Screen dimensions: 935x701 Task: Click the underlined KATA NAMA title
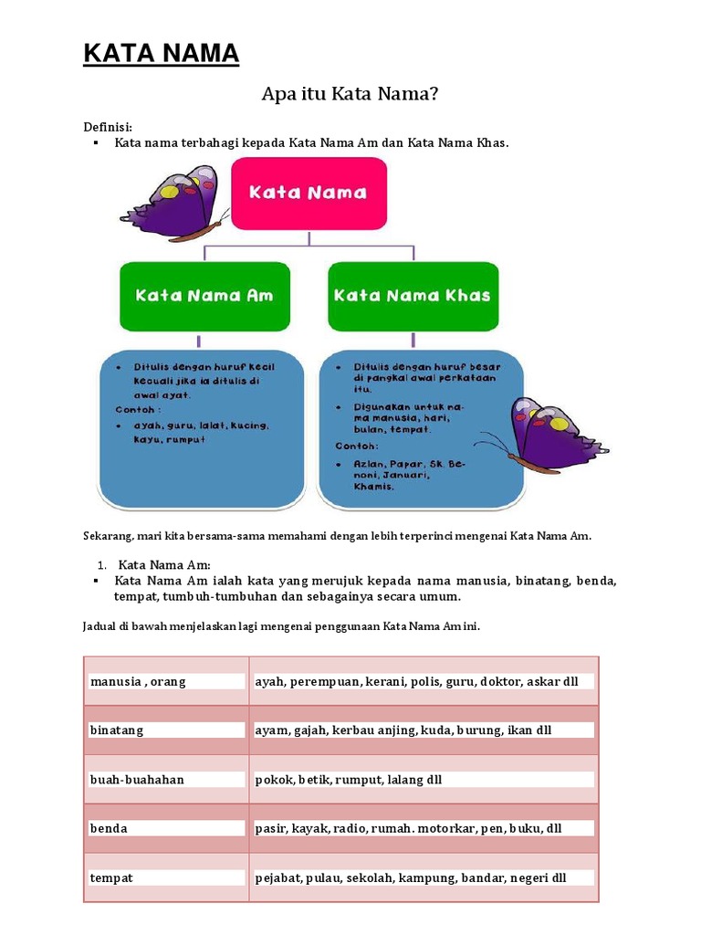[162, 54]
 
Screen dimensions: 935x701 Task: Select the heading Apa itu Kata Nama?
[350, 93]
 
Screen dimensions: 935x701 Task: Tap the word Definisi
[108, 127]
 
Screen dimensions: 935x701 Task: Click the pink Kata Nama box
[309, 193]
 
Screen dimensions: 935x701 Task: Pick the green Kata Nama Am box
[204, 296]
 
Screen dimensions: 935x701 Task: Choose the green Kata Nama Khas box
[413, 296]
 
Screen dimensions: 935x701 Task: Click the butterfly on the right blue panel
[552, 435]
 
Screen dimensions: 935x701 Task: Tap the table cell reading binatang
[117, 730]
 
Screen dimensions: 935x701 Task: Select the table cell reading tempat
[111, 877]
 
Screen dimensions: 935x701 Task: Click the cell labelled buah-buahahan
[137, 780]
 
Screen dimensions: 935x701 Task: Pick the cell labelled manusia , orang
[138, 681]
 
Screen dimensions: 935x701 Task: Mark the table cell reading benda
[109, 828]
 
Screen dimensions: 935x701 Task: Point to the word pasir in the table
[270, 828]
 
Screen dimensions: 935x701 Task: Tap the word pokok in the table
[273, 780]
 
